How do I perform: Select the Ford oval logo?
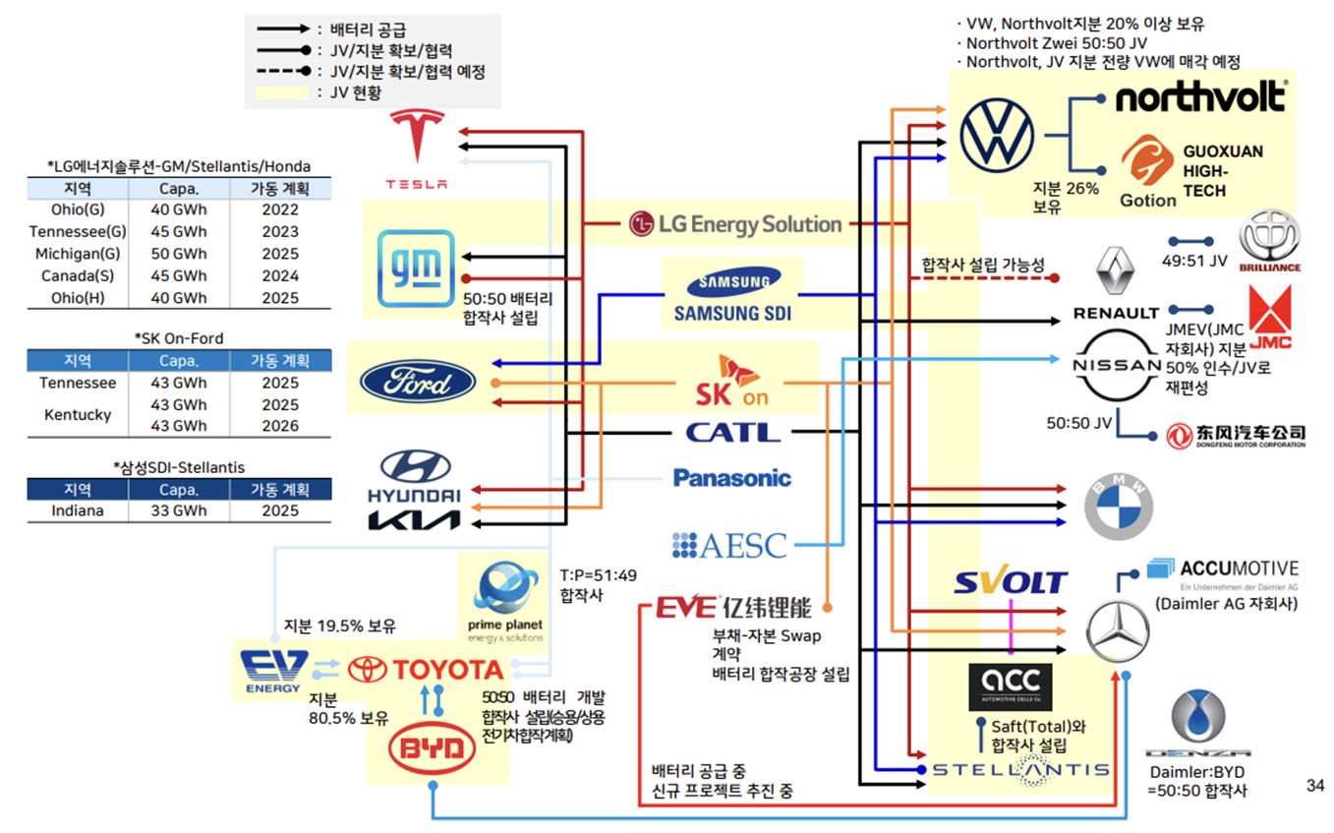418,383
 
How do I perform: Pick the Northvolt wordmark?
1199,97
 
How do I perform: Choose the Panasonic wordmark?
732,478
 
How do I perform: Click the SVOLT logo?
1011,581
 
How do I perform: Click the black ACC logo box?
1010,685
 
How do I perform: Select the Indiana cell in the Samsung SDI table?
77,511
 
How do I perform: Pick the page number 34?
1314,785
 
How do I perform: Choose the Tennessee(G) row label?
77,232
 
